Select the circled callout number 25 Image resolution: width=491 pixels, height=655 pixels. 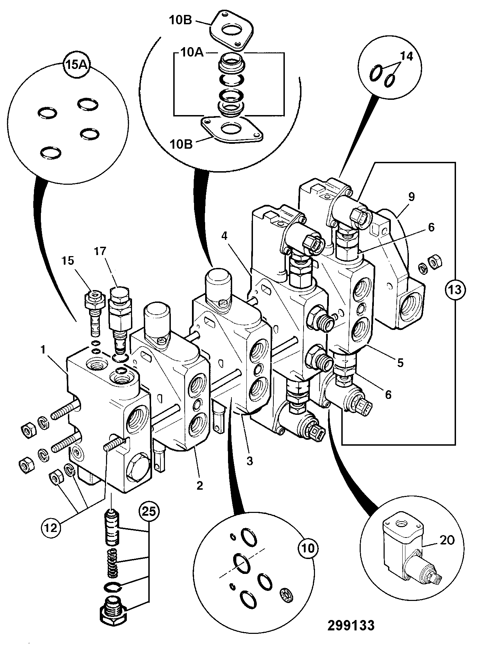click(x=149, y=511)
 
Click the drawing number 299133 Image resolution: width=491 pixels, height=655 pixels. click(x=351, y=626)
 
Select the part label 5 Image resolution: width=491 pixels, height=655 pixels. click(x=401, y=363)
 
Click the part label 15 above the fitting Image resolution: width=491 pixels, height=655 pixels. click(x=68, y=260)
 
